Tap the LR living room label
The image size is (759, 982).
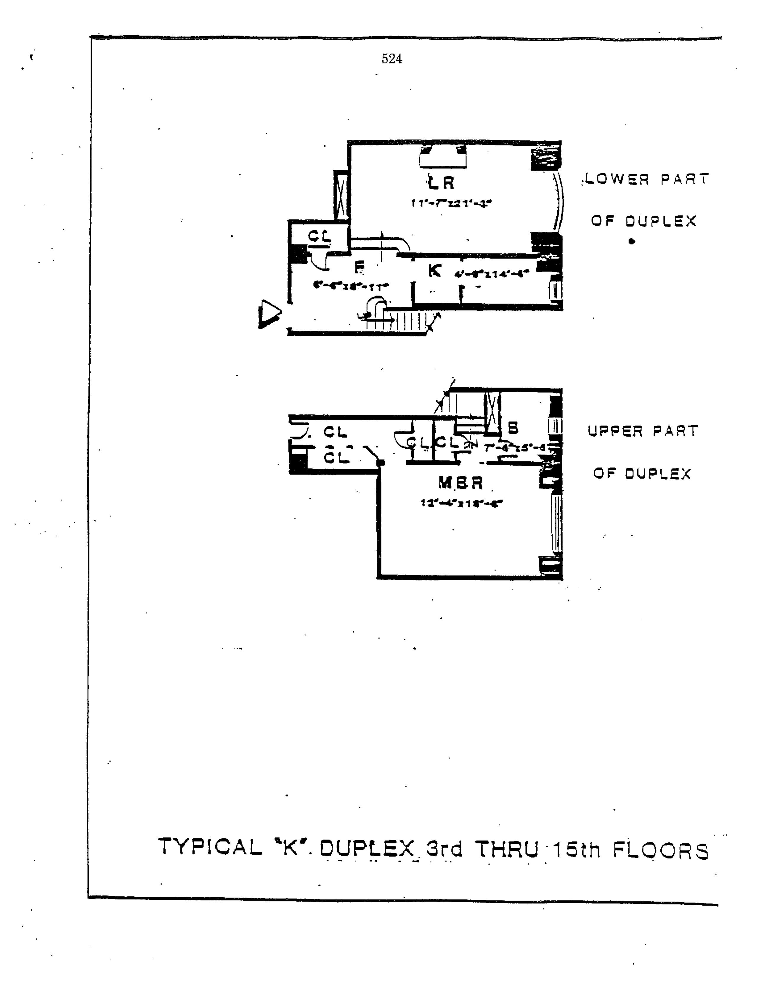[x=441, y=183]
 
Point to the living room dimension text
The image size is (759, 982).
[x=450, y=203]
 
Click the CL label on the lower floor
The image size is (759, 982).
[x=319, y=236]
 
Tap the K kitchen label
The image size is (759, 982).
[x=434, y=271]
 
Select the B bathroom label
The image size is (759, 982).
[x=513, y=428]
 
